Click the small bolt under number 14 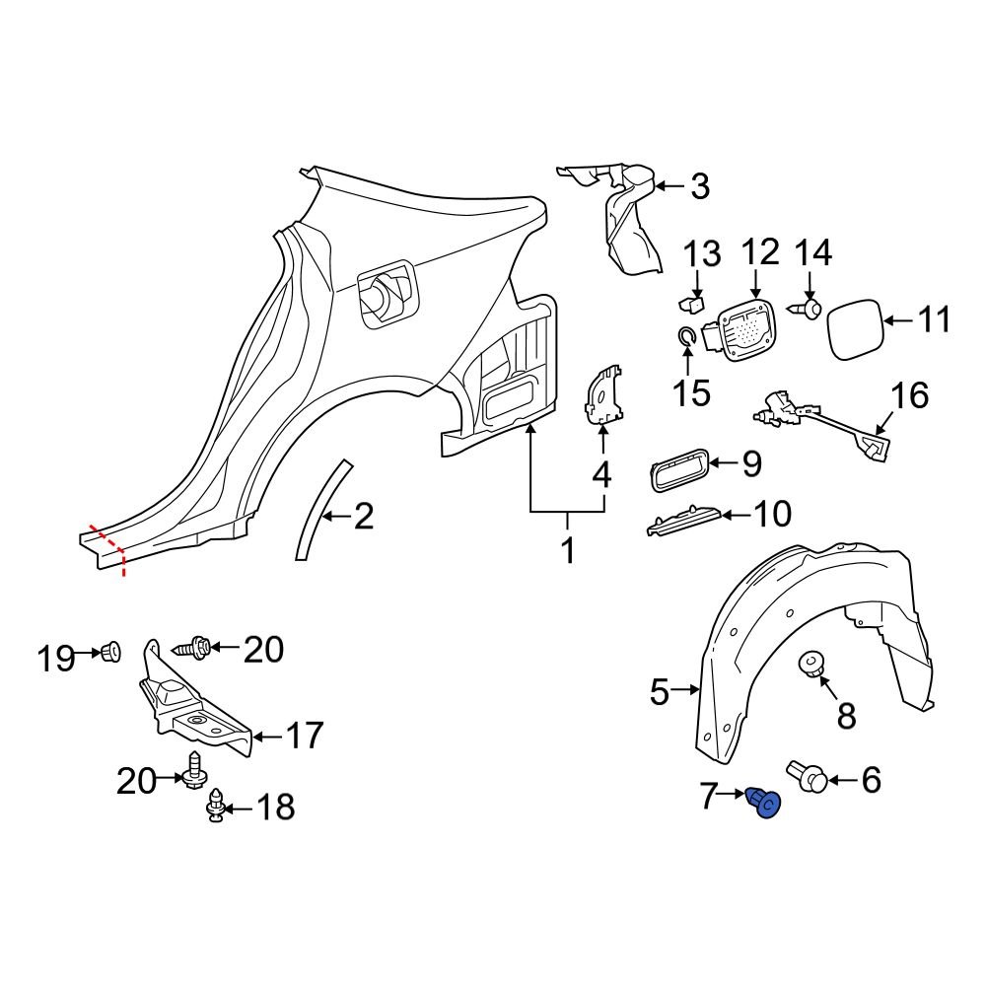click(809, 310)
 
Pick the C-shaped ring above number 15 click(686, 338)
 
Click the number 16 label click(910, 396)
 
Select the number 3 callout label click(699, 185)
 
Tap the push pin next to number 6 click(807, 779)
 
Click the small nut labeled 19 click(110, 651)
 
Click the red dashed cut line click(108, 547)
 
